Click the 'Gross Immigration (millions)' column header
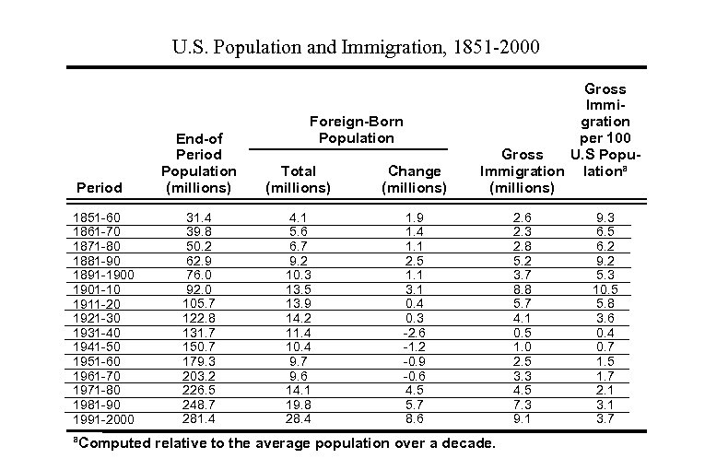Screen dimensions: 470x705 point(522,170)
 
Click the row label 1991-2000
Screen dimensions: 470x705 point(102,421)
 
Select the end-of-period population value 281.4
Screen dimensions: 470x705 point(198,419)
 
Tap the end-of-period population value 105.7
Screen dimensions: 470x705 point(198,301)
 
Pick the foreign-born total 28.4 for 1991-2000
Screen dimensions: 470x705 point(298,419)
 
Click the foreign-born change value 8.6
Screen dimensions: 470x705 point(415,419)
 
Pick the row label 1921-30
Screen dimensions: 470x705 point(96,316)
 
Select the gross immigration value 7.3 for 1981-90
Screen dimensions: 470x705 point(522,405)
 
